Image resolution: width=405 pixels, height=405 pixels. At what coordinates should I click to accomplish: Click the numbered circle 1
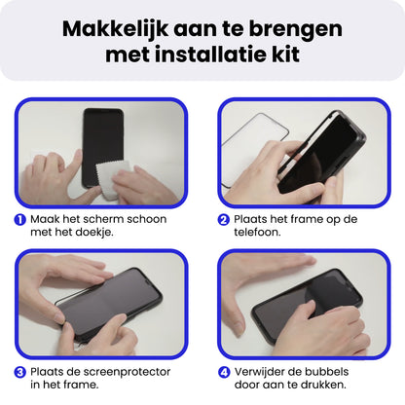click(x=19, y=220)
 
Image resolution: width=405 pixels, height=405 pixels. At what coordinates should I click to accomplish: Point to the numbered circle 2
click(x=224, y=220)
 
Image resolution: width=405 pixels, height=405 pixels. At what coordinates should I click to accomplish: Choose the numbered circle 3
click(x=19, y=372)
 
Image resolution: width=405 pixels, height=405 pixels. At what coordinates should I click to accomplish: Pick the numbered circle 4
click(x=224, y=372)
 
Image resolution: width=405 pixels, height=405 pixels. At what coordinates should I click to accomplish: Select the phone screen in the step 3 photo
click(x=107, y=297)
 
